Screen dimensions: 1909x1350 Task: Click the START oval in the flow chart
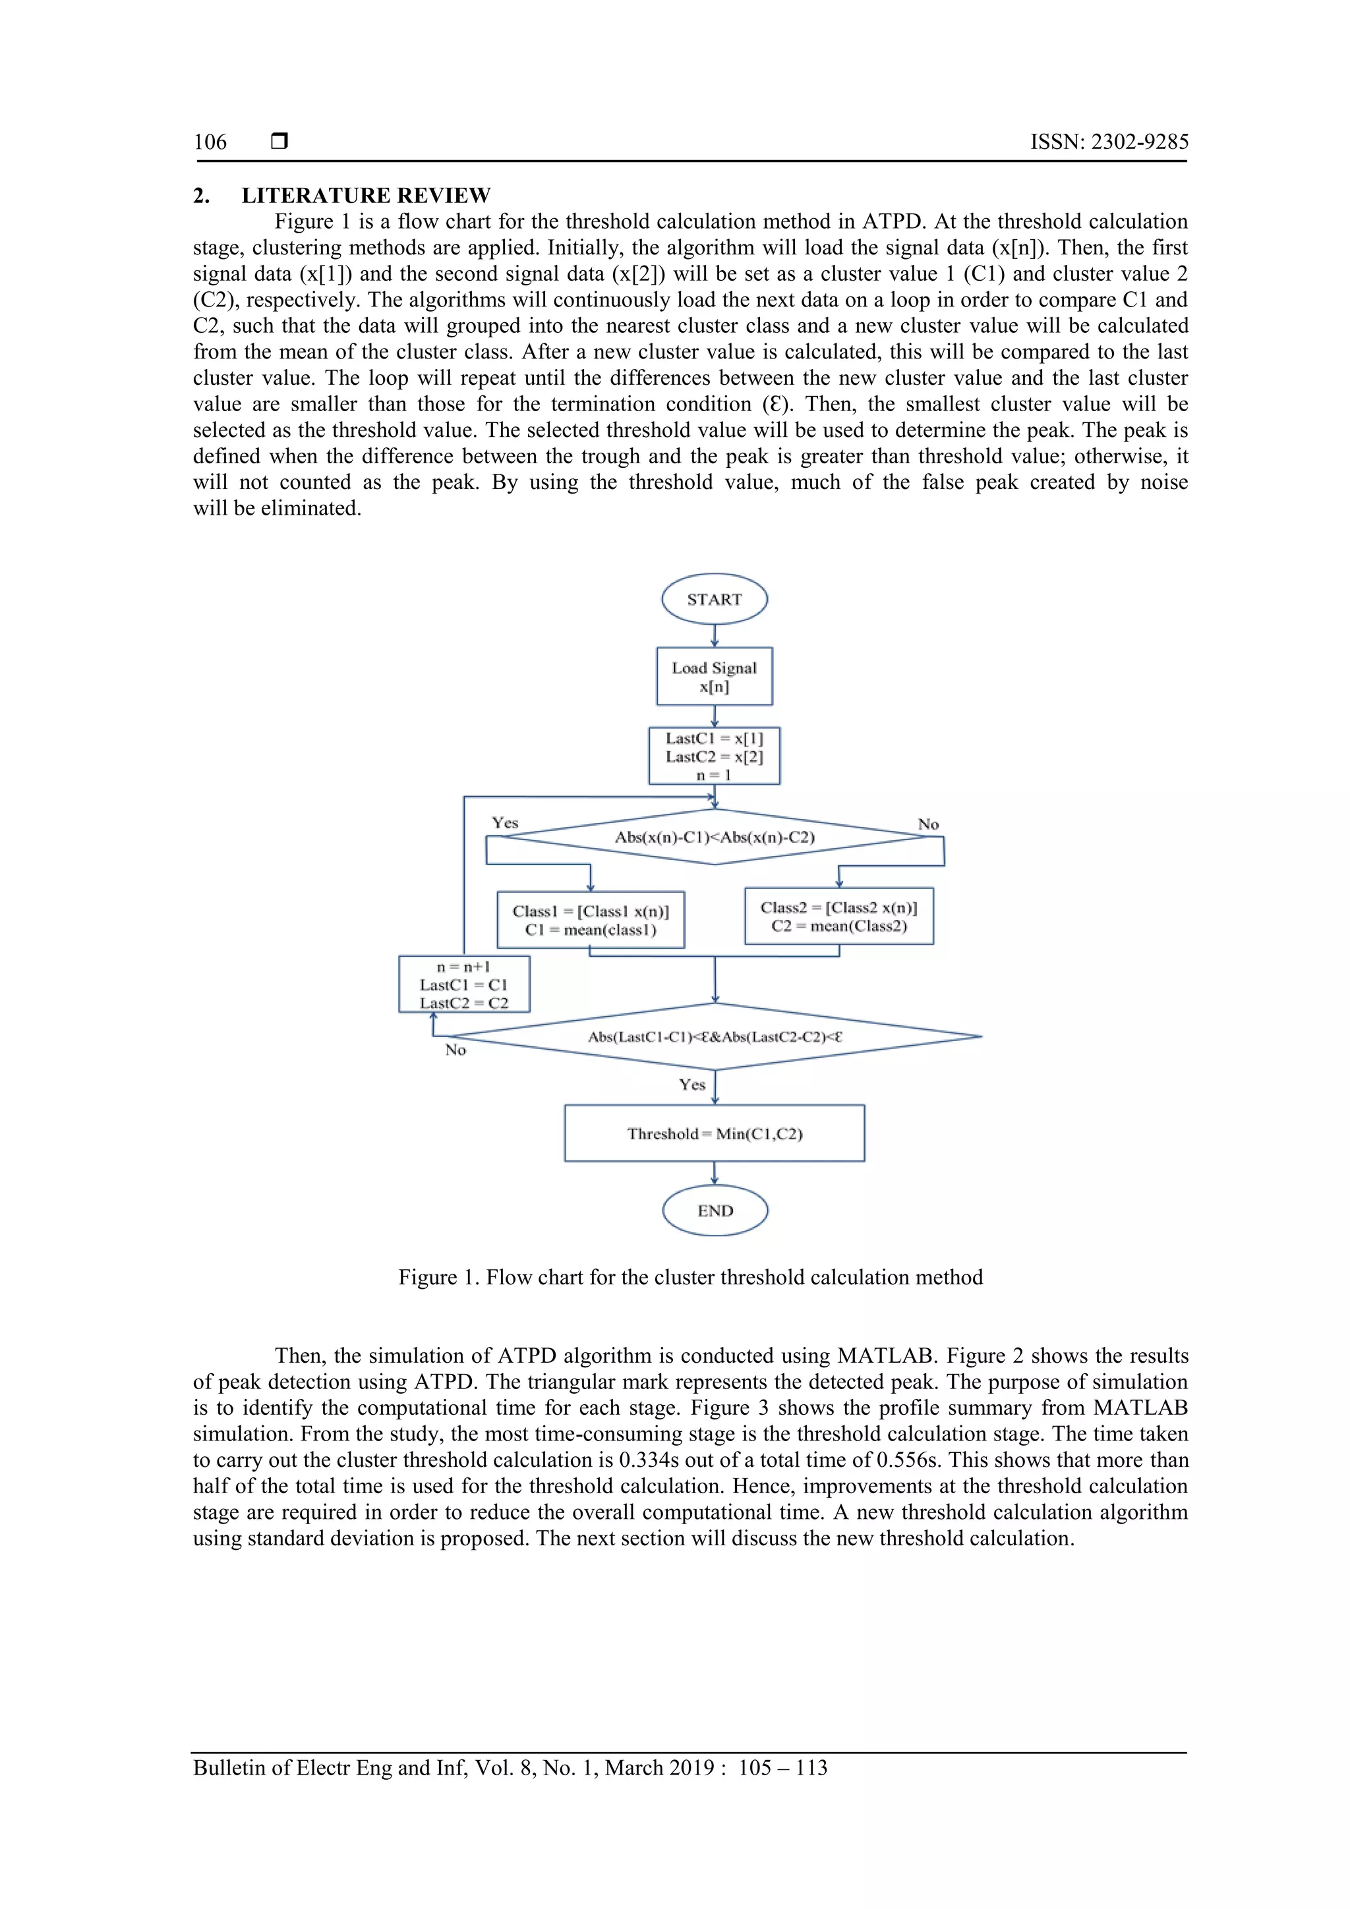[714, 598]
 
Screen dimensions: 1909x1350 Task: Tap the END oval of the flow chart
[715, 1211]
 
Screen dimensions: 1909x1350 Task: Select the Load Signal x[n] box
[715, 677]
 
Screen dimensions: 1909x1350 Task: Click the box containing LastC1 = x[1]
[715, 756]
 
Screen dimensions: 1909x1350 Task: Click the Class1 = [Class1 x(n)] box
[591, 921]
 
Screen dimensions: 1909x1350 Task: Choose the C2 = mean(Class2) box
[838, 916]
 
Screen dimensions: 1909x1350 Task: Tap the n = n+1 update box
[464, 984]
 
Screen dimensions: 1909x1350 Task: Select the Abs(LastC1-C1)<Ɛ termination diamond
[715, 1037]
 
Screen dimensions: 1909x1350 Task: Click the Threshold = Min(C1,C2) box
[715, 1133]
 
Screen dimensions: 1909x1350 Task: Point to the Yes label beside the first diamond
[505, 823]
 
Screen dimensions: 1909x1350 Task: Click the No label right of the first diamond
[928, 825]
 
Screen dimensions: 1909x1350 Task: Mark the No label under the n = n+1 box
[455, 1050]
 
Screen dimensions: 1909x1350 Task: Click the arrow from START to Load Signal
[715, 636]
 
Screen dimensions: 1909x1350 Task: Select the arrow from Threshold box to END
[715, 1173]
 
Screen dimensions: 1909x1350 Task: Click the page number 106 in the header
[210, 142]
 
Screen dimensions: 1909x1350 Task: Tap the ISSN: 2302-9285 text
[1109, 142]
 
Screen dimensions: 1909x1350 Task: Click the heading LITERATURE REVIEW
[366, 196]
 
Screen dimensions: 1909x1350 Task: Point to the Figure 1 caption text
[690, 1277]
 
